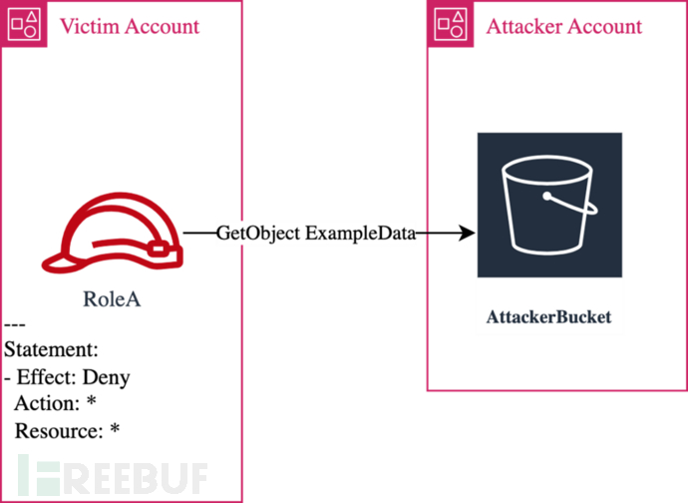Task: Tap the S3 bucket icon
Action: click(549, 204)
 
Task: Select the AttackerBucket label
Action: click(548, 318)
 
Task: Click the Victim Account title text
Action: click(130, 25)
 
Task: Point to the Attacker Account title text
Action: click(564, 25)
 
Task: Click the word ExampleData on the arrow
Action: click(360, 234)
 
